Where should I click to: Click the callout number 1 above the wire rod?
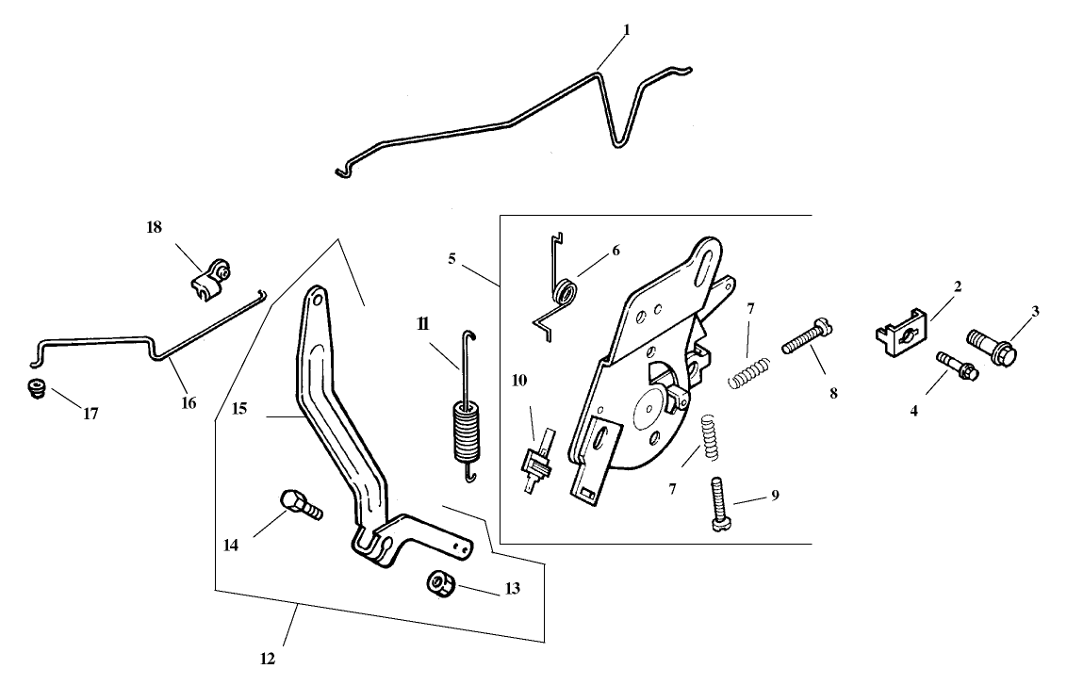[626, 30]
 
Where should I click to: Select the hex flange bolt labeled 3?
[987, 346]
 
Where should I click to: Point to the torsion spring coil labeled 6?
[566, 293]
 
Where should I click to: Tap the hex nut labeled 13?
[438, 584]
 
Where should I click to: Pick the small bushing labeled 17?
[37, 388]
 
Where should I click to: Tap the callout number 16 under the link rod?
[189, 402]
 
